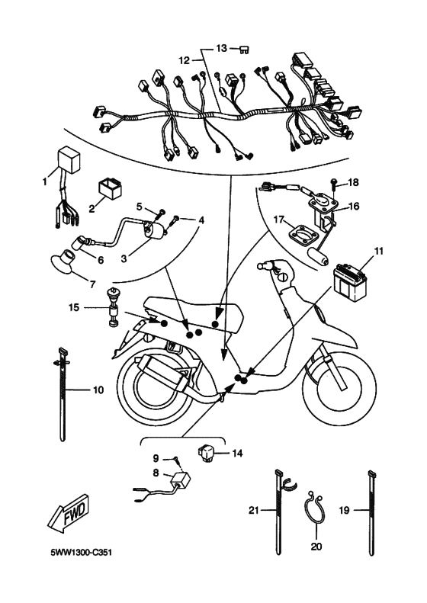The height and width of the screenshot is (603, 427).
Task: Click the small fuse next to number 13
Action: click(244, 50)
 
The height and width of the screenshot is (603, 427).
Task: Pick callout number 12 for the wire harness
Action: click(185, 61)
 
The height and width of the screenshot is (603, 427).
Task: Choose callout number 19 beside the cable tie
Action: click(344, 510)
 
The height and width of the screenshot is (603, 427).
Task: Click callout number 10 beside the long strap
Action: click(99, 390)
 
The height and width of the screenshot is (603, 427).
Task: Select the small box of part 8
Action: click(180, 479)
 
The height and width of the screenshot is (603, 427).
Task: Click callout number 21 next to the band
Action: click(253, 510)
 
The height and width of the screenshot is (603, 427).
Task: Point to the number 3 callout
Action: click(124, 258)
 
